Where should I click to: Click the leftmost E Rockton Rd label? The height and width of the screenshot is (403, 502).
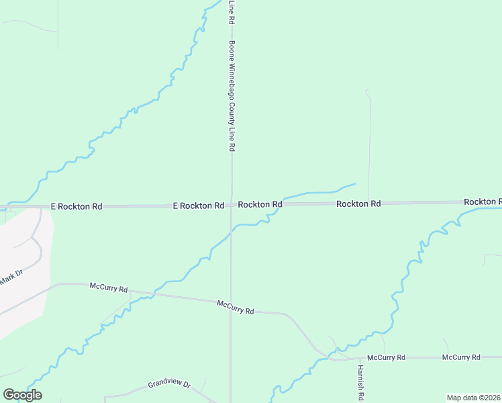[x=76, y=206]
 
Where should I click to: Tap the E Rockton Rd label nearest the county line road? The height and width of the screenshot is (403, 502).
[x=198, y=205]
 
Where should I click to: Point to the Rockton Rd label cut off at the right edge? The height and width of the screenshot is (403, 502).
[x=483, y=201]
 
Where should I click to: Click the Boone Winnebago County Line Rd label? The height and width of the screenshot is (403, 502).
[x=232, y=95]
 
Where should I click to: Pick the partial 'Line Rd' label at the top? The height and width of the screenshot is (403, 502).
[x=231, y=12]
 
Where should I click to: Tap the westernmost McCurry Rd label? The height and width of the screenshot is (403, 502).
[x=109, y=287]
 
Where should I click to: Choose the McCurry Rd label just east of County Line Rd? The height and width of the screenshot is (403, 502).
[x=236, y=308]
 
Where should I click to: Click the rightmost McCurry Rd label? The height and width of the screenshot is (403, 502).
[x=461, y=357]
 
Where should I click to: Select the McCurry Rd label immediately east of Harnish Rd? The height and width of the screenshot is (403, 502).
[x=386, y=357]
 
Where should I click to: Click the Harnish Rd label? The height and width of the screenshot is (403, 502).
[x=360, y=380]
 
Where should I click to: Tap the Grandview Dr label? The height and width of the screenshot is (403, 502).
[x=169, y=386]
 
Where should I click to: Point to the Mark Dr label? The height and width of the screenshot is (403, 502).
[x=11, y=277]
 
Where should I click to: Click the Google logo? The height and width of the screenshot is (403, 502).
[x=22, y=395]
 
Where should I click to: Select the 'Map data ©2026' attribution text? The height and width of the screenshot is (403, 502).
[x=474, y=398]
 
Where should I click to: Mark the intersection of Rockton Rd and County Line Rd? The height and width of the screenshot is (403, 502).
[x=232, y=204]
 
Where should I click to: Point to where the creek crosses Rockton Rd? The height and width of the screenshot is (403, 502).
[x=283, y=203]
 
